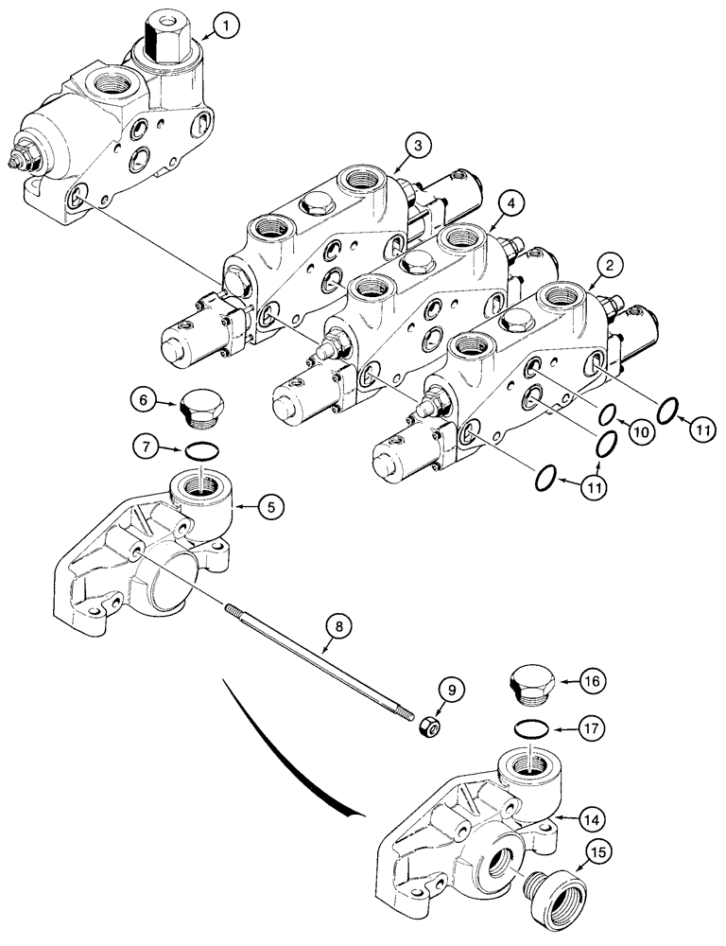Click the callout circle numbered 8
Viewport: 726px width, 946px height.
[x=339, y=625]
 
